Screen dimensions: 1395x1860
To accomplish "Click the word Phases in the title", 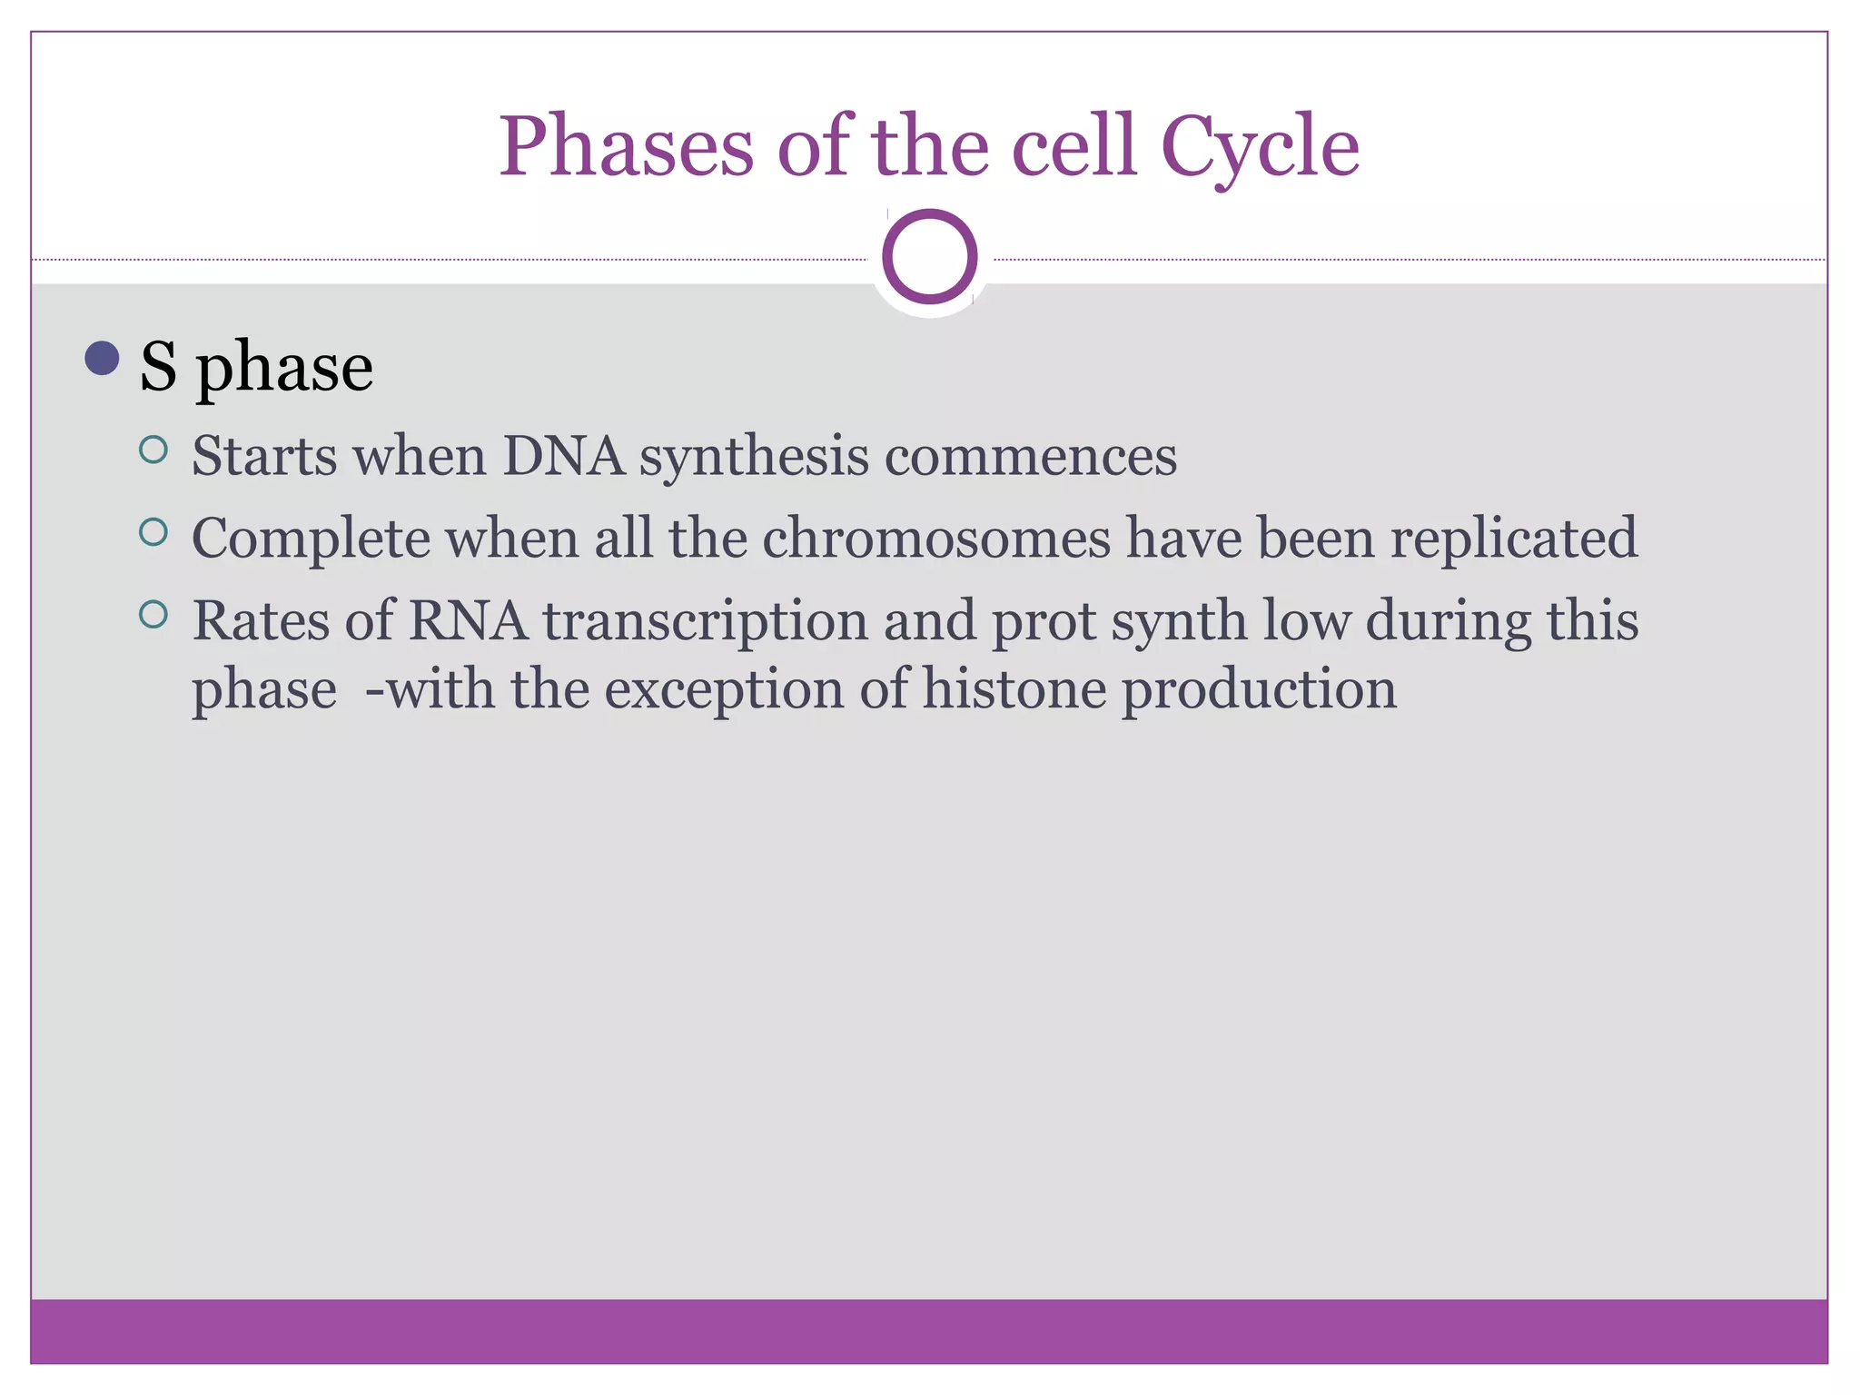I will pyautogui.click(x=626, y=147).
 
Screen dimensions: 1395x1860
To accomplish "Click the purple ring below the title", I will pyautogui.click(x=929, y=257).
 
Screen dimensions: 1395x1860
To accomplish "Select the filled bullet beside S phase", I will pyautogui.click(x=102, y=358).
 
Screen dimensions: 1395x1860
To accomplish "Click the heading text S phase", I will pyautogui.click(x=256, y=367).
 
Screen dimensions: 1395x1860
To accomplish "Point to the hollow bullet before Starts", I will pyautogui.click(x=153, y=450).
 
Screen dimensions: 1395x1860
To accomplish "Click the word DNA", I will pyautogui.click(x=563, y=456).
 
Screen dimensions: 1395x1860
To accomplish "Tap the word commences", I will pyautogui.click(x=1030, y=456).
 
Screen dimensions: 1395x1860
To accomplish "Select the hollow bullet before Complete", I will pyautogui.click(x=153, y=532).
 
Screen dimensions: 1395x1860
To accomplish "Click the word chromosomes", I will pyautogui.click(x=935, y=538).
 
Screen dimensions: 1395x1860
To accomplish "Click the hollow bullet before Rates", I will pyautogui.click(x=153, y=615).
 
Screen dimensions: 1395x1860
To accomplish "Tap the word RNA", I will pyautogui.click(x=468, y=621).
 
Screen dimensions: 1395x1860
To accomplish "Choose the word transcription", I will pyautogui.click(x=705, y=623).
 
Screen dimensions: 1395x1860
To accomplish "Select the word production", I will pyautogui.click(x=1259, y=691).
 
